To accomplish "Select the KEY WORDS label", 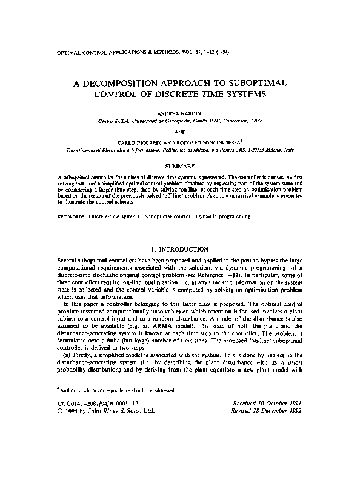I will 64,216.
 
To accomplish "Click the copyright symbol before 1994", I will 51,411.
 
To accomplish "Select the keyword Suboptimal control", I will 167,216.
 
